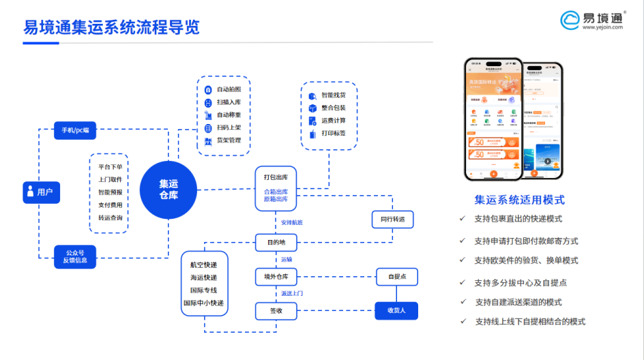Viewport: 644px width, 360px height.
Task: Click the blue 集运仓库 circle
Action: (169, 190)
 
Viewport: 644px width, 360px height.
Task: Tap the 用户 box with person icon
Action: (41, 192)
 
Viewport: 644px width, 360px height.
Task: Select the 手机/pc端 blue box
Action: (75, 130)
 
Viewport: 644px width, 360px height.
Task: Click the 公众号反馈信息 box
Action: (75, 256)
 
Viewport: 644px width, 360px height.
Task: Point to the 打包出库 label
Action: (276, 177)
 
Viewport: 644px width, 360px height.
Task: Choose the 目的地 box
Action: (276, 242)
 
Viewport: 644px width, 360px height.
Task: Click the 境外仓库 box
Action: (276, 277)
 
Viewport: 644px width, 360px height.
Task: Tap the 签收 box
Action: (276, 311)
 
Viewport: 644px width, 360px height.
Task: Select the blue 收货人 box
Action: (396, 311)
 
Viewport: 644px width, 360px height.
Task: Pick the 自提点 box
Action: (396, 277)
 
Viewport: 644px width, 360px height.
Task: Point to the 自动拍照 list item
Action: (228, 89)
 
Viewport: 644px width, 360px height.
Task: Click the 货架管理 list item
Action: (228, 140)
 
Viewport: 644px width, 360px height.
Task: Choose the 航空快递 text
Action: (203, 265)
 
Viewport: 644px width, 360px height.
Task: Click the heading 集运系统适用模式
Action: (519, 200)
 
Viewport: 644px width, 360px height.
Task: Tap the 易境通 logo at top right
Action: (592, 20)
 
